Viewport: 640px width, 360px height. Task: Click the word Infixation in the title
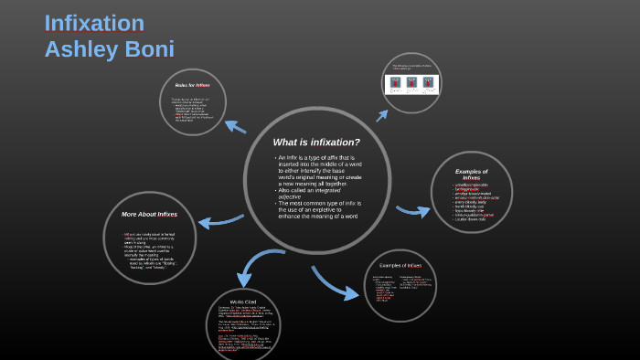[94, 23]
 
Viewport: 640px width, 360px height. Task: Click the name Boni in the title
[144, 48]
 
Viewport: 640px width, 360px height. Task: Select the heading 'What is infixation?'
[316, 142]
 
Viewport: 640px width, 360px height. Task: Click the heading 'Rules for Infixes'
[190, 84]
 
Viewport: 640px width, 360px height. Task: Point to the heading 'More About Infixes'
[149, 214]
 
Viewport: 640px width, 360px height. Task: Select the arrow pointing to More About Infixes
[212, 221]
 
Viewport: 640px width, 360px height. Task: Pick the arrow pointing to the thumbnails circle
[379, 111]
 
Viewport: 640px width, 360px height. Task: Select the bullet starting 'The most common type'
[320, 209]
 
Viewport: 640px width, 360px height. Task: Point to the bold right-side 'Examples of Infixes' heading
[471, 174]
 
